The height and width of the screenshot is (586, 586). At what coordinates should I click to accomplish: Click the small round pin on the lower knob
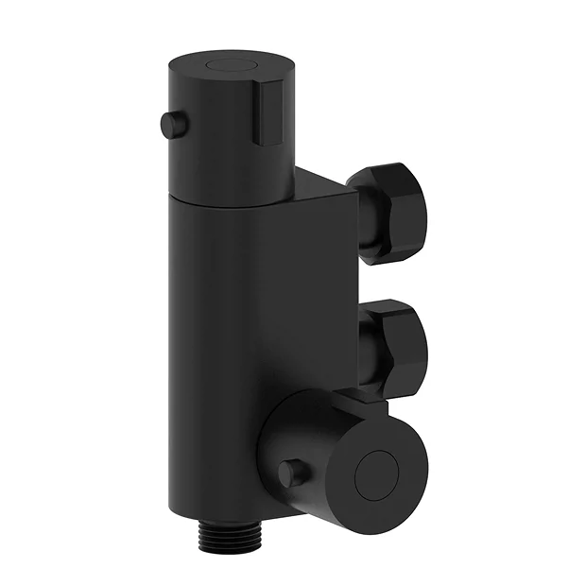(x=292, y=473)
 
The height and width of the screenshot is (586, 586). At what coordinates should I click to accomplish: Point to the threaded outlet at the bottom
(x=218, y=544)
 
